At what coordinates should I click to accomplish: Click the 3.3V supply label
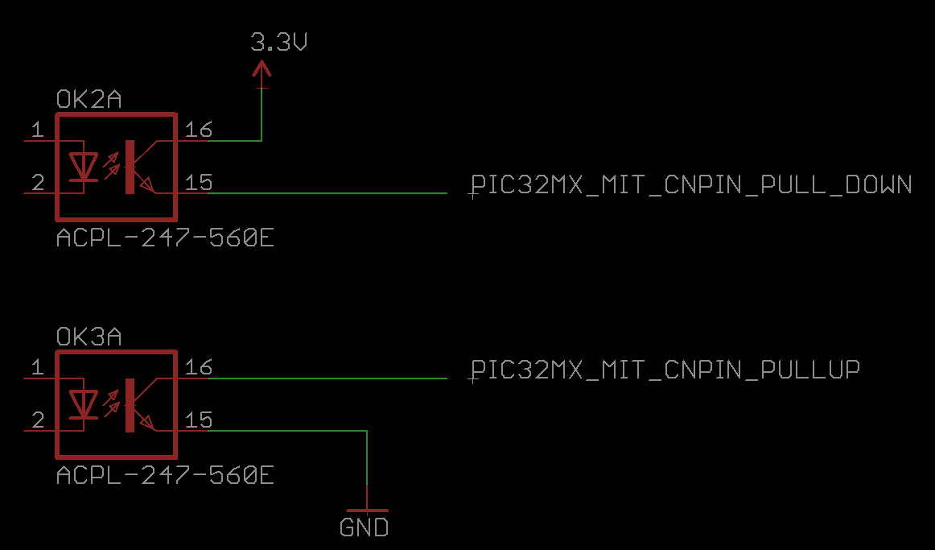[278, 42]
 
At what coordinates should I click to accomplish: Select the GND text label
[364, 527]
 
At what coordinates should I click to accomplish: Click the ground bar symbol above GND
[367, 511]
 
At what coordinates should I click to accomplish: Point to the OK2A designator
[89, 99]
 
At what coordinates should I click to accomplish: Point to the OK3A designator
[89, 337]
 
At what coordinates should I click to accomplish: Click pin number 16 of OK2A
[198, 130]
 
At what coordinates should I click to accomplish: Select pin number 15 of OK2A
[198, 183]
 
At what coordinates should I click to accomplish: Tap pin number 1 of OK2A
[38, 130]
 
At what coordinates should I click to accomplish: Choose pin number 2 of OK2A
[38, 183]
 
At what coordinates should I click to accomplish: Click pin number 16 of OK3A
[198, 367]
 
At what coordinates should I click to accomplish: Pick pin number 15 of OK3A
[198, 420]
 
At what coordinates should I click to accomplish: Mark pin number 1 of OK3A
[38, 367]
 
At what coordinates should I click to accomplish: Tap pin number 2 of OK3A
[38, 420]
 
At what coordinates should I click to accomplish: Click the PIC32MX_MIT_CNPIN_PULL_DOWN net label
[692, 185]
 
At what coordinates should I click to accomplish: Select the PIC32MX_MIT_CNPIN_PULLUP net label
[665, 370]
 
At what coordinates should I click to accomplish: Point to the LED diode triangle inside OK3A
[83, 404]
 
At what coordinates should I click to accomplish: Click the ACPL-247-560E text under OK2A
[165, 238]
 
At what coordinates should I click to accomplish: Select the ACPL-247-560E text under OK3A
[165, 476]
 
